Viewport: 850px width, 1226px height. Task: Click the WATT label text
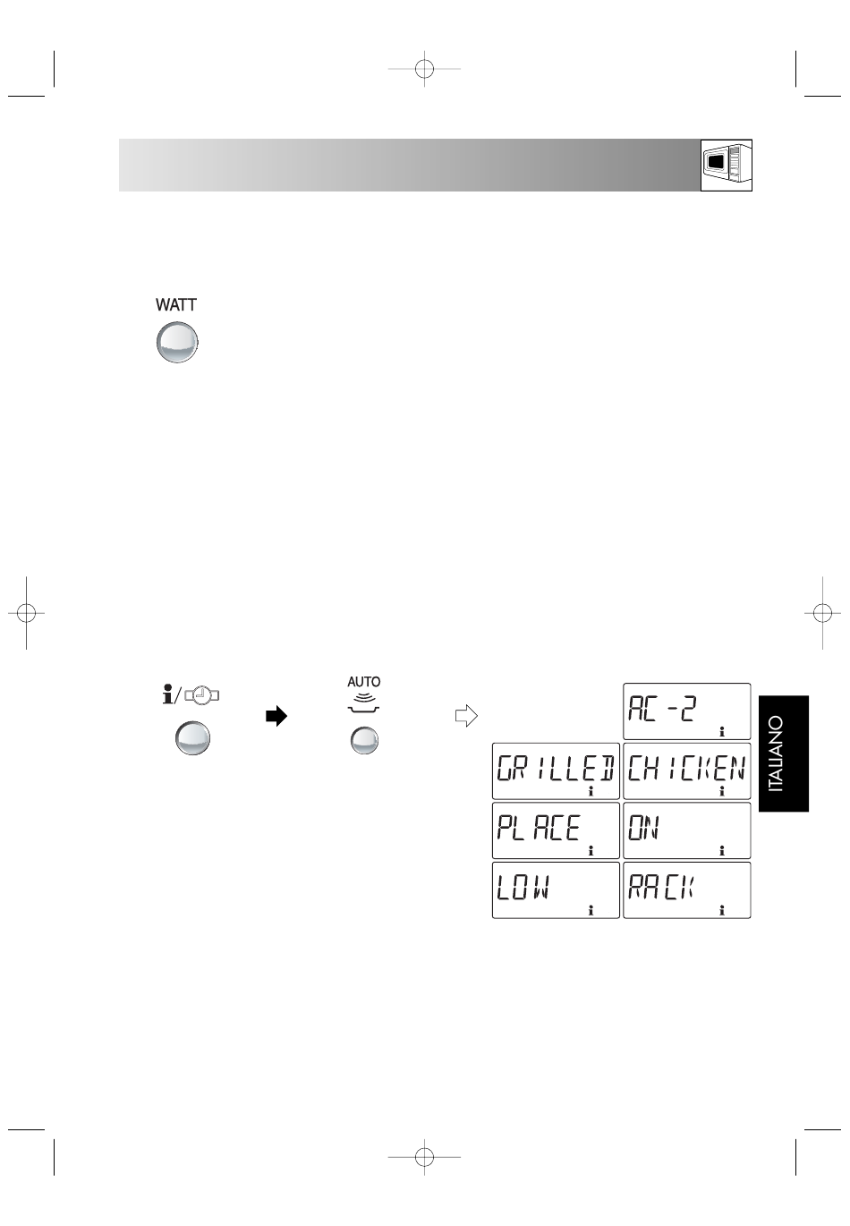[x=175, y=305]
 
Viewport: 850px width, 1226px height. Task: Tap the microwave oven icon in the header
[x=727, y=165]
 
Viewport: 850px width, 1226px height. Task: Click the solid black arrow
[x=276, y=716]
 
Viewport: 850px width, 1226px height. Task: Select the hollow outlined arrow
[x=466, y=716]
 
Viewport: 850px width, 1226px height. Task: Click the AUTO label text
[x=364, y=682]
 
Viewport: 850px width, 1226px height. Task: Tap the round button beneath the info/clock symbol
[x=192, y=738]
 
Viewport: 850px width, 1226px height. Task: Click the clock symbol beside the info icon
[x=202, y=695]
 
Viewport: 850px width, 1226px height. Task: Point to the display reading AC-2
[x=687, y=711]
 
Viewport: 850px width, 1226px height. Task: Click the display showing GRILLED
[x=557, y=771]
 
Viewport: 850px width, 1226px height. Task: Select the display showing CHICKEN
[x=687, y=771]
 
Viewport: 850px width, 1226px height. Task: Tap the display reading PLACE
[x=557, y=830]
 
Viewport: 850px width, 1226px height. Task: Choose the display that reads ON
[x=687, y=830]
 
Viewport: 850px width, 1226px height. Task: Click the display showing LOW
[x=557, y=890]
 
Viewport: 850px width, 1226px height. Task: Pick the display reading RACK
[x=687, y=890]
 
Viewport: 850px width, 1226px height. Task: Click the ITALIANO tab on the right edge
[x=784, y=753]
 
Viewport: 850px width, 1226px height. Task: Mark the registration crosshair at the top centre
[x=424, y=69]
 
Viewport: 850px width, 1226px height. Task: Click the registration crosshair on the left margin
[x=26, y=613]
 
